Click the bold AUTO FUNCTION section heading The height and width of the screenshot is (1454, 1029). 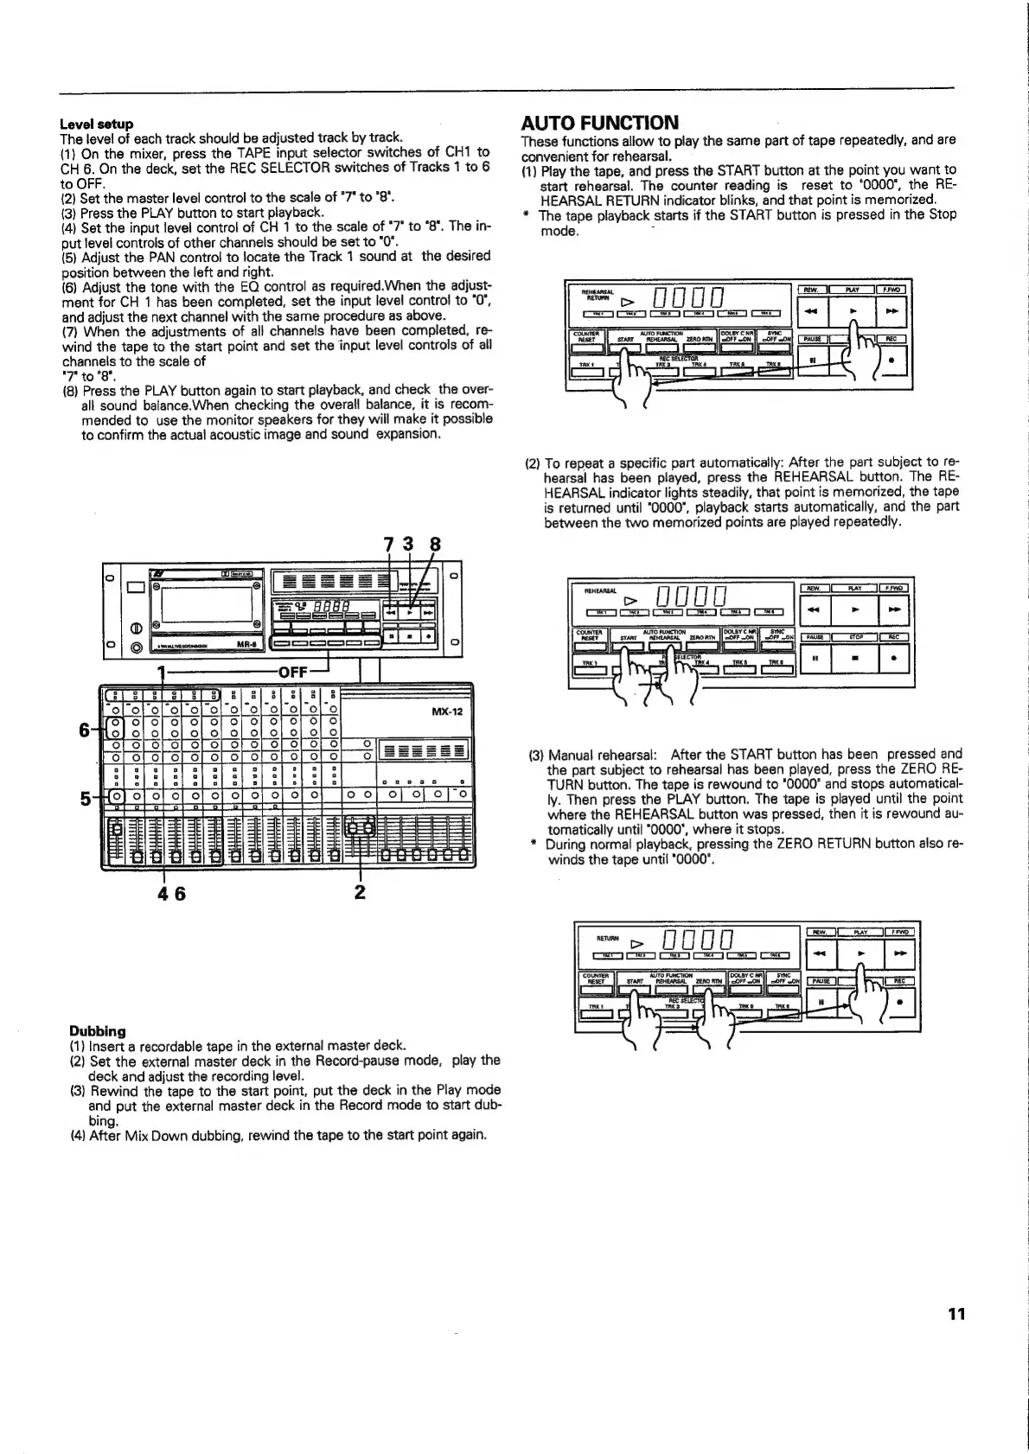click(600, 123)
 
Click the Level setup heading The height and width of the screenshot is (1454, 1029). click(96, 124)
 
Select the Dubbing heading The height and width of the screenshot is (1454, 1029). click(98, 1030)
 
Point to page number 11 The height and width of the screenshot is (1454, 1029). click(955, 1315)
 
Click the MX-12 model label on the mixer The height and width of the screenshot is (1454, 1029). click(447, 712)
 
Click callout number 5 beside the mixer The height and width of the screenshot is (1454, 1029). click(85, 799)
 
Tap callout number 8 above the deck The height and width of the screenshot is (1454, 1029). click(435, 545)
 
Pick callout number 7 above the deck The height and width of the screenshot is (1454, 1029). click(388, 545)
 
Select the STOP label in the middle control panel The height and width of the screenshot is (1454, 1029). click(854, 637)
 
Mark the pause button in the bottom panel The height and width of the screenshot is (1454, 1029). click(821, 1003)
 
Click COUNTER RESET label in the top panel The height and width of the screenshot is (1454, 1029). click(587, 336)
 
